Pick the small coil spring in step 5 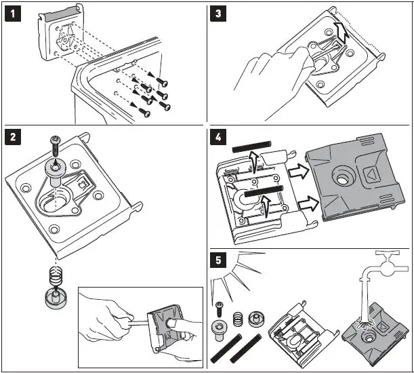pos(236,318)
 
